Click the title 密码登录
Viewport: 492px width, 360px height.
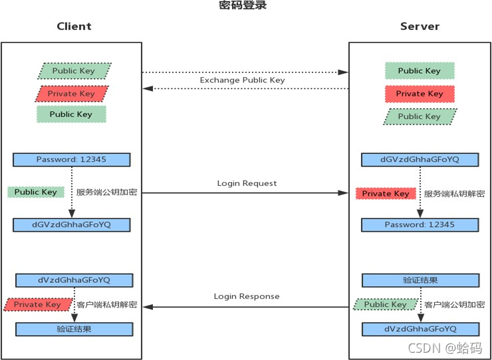243,5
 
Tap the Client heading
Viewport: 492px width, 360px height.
74,27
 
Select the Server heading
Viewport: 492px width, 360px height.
420,27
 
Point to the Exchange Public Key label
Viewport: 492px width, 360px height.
242,80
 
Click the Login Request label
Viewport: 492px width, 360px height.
247,183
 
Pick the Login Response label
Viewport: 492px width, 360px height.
247,296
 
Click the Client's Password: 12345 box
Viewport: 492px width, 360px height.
72,159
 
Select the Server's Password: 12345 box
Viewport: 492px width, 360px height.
420,225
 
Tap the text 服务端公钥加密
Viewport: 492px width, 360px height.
106,193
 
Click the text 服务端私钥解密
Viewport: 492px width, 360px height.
454,194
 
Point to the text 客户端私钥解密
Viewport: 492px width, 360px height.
106,304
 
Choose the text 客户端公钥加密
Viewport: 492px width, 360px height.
454,304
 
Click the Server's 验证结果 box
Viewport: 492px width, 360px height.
420,280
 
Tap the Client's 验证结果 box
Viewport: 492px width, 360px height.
74,329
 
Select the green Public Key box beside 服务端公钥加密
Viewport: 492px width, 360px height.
36,192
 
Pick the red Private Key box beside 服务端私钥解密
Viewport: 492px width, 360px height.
386,193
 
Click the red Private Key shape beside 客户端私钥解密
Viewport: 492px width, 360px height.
37,304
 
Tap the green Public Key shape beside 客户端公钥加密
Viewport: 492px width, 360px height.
386,304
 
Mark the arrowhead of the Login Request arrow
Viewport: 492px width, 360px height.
343,193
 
